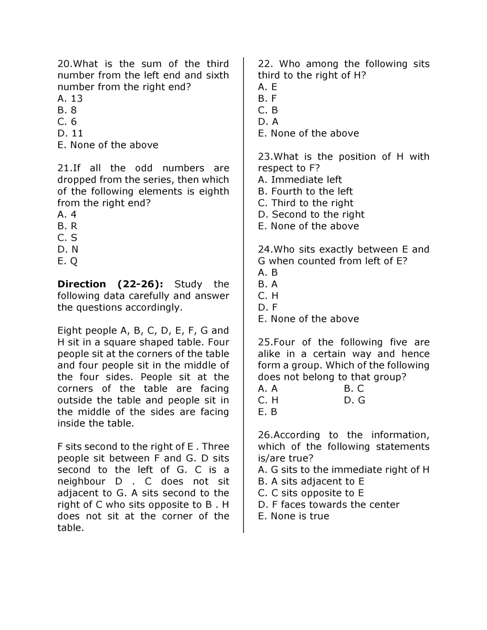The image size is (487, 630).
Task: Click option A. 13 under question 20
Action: (x=70, y=99)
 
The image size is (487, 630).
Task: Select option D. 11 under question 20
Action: (x=70, y=134)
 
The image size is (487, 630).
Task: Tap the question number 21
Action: (x=64, y=168)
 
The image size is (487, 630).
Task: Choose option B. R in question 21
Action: (x=67, y=226)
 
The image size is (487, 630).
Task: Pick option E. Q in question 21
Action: (x=67, y=261)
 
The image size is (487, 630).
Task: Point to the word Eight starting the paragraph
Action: (x=69, y=331)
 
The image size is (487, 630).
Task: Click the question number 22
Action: (x=265, y=64)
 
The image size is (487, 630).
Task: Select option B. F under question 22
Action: (x=267, y=99)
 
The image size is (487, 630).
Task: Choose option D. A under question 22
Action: (x=268, y=122)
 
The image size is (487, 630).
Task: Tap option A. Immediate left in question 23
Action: (x=300, y=180)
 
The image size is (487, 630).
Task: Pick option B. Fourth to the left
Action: (x=305, y=191)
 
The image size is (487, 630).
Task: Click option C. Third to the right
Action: (x=306, y=203)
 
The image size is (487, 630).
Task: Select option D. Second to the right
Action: (x=311, y=215)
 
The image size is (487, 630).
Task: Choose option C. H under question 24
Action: (x=268, y=296)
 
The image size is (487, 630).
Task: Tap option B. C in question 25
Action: (x=354, y=389)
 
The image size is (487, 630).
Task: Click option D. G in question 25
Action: (x=354, y=400)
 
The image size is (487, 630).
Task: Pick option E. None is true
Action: (x=293, y=516)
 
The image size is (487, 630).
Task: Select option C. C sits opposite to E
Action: (x=311, y=493)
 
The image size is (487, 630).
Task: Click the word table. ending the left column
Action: (x=71, y=528)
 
